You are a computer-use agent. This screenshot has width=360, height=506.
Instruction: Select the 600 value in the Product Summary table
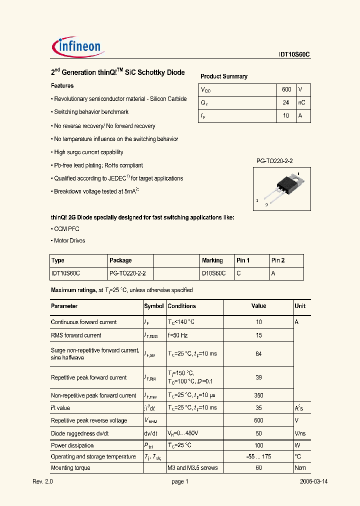(x=286, y=89)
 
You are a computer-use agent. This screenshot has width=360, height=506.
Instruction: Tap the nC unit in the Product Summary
(x=301, y=102)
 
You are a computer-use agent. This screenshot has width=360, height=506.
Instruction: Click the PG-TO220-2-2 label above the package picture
(x=274, y=160)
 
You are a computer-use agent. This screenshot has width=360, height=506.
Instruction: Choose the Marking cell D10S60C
(x=213, y=273)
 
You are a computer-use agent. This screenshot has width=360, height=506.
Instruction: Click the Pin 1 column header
(x=243, y=260)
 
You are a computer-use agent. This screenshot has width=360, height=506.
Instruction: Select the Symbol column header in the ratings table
(x=153, y=306)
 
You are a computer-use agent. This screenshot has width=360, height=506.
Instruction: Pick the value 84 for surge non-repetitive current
(x=258, y=354)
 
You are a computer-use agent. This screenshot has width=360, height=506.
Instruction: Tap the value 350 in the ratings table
(x=258, y=395)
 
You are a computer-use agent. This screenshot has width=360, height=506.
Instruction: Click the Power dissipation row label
(x=72, y=445)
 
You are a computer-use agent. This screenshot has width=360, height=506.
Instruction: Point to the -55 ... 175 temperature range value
(x=258, y=456)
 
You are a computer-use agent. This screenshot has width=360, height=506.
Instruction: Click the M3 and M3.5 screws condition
(x=192, y=468)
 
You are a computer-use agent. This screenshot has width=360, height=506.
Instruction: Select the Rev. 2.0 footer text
(x=42, y=481)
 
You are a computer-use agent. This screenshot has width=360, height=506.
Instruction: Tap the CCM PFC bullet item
(x=65, y=229)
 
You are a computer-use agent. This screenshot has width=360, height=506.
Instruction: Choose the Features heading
(x=62, y=86)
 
